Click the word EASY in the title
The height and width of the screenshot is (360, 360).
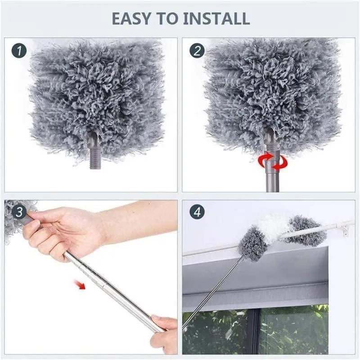pos(130,18)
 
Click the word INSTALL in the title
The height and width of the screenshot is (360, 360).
pos(216,18)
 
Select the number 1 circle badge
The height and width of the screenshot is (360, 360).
pos(19,50)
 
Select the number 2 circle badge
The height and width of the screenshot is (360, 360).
pos(197,50)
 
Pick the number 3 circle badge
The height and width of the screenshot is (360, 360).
pos(19,211)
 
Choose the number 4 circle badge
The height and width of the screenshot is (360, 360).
pos(197,211)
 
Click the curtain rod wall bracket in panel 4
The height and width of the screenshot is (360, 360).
pos(346,230)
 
